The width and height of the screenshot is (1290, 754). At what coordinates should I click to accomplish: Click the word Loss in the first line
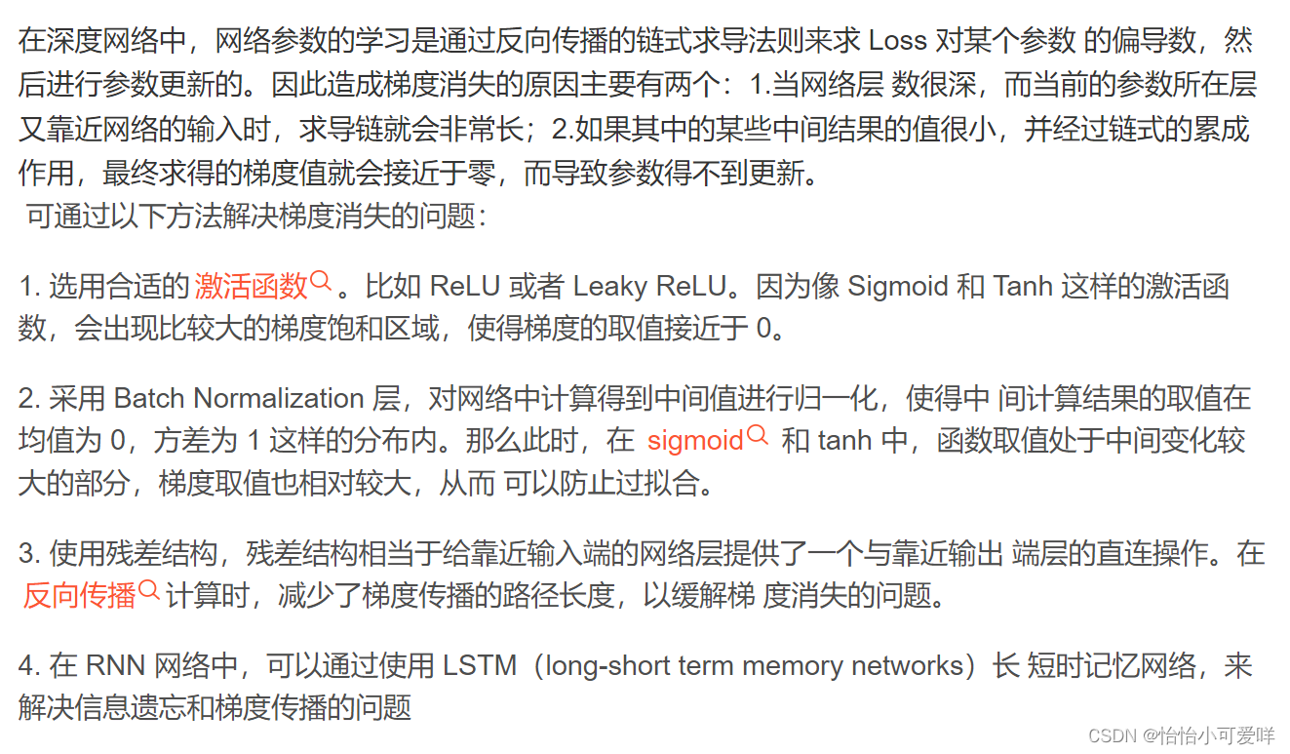coord(897,41)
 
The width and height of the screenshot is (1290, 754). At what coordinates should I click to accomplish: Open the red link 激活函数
coord(252,286)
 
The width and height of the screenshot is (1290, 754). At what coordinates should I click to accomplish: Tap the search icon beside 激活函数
coord(322,283)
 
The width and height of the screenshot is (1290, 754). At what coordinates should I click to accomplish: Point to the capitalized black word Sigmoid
coord(897,286)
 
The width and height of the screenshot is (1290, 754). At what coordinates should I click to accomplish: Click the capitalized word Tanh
coord(1025,286)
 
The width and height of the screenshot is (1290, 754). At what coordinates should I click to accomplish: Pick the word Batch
coord(150,398)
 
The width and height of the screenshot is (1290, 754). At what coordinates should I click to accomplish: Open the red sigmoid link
coord(695,441)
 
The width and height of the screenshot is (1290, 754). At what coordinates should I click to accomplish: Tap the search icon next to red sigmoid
coord(758,437)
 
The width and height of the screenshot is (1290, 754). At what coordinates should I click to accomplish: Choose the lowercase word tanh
coord(844,441)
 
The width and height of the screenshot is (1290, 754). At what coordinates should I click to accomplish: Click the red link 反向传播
coord(79,595)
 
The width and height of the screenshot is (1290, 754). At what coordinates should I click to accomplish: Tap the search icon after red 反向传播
coord(149,591)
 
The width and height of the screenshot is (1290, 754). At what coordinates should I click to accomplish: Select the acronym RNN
coord(114,666)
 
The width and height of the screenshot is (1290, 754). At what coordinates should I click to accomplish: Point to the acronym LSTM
coord(480,666)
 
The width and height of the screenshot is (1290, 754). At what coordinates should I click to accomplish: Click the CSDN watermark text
coord(1113,735)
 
